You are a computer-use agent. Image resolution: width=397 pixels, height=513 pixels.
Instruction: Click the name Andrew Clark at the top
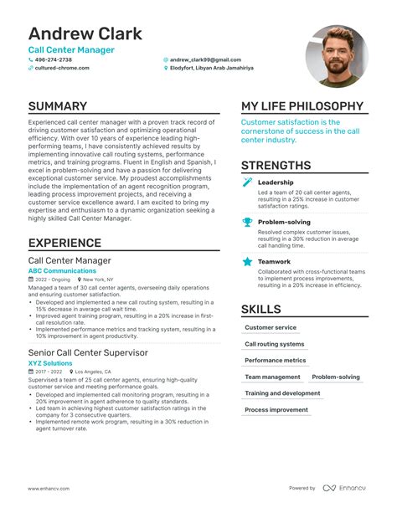(85, 34)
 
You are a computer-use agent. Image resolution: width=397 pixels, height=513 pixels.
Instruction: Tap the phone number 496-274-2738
(54, 60)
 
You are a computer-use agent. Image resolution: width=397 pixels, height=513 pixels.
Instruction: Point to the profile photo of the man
(336, 56)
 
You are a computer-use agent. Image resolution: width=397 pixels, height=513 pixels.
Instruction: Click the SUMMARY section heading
(57, 106)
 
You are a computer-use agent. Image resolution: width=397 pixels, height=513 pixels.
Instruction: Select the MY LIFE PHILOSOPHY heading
(302, 106)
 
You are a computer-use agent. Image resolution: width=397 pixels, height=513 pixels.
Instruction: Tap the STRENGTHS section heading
(276, 165)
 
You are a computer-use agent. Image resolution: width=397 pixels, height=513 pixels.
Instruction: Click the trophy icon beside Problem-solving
(247, 222)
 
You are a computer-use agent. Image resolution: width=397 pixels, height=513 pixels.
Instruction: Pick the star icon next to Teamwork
(247, 261)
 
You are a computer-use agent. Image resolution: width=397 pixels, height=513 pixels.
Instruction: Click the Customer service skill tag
(271, 327)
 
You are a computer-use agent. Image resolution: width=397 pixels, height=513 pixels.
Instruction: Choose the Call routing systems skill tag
(274, 344)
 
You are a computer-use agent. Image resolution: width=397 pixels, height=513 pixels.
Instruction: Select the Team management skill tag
(271, 377)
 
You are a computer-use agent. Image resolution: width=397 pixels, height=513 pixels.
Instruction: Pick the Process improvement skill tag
(276, 410)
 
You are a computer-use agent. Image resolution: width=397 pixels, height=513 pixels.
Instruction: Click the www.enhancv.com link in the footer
(47, 488)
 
